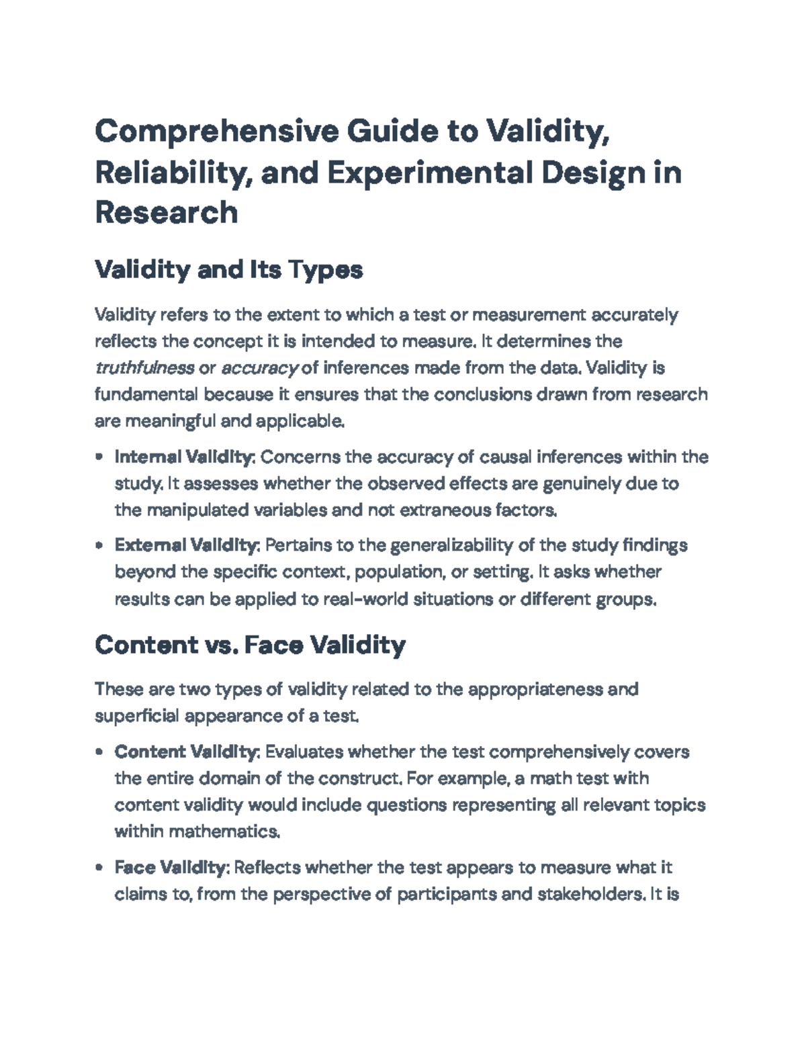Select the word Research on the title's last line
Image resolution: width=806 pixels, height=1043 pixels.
(167, 212)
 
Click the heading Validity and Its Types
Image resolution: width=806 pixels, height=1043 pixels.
(229, 270)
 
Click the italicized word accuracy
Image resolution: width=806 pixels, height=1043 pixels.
(259, 368)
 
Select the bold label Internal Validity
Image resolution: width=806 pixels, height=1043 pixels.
(184, 457)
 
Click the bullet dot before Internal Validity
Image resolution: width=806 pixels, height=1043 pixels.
(99, 457)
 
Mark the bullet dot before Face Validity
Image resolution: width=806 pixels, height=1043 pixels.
(99, 868)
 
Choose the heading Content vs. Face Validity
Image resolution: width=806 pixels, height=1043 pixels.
(250, 645)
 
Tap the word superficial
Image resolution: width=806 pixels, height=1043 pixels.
(137, 716)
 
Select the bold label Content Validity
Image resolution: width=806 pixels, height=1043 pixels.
(187, 752)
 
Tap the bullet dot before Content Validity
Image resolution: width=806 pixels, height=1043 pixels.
(99, 752)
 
